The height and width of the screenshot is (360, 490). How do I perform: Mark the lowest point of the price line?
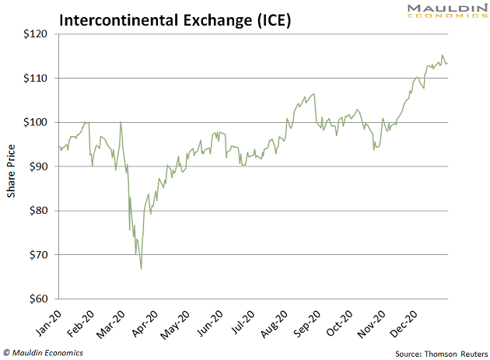[x=141, y=268]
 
